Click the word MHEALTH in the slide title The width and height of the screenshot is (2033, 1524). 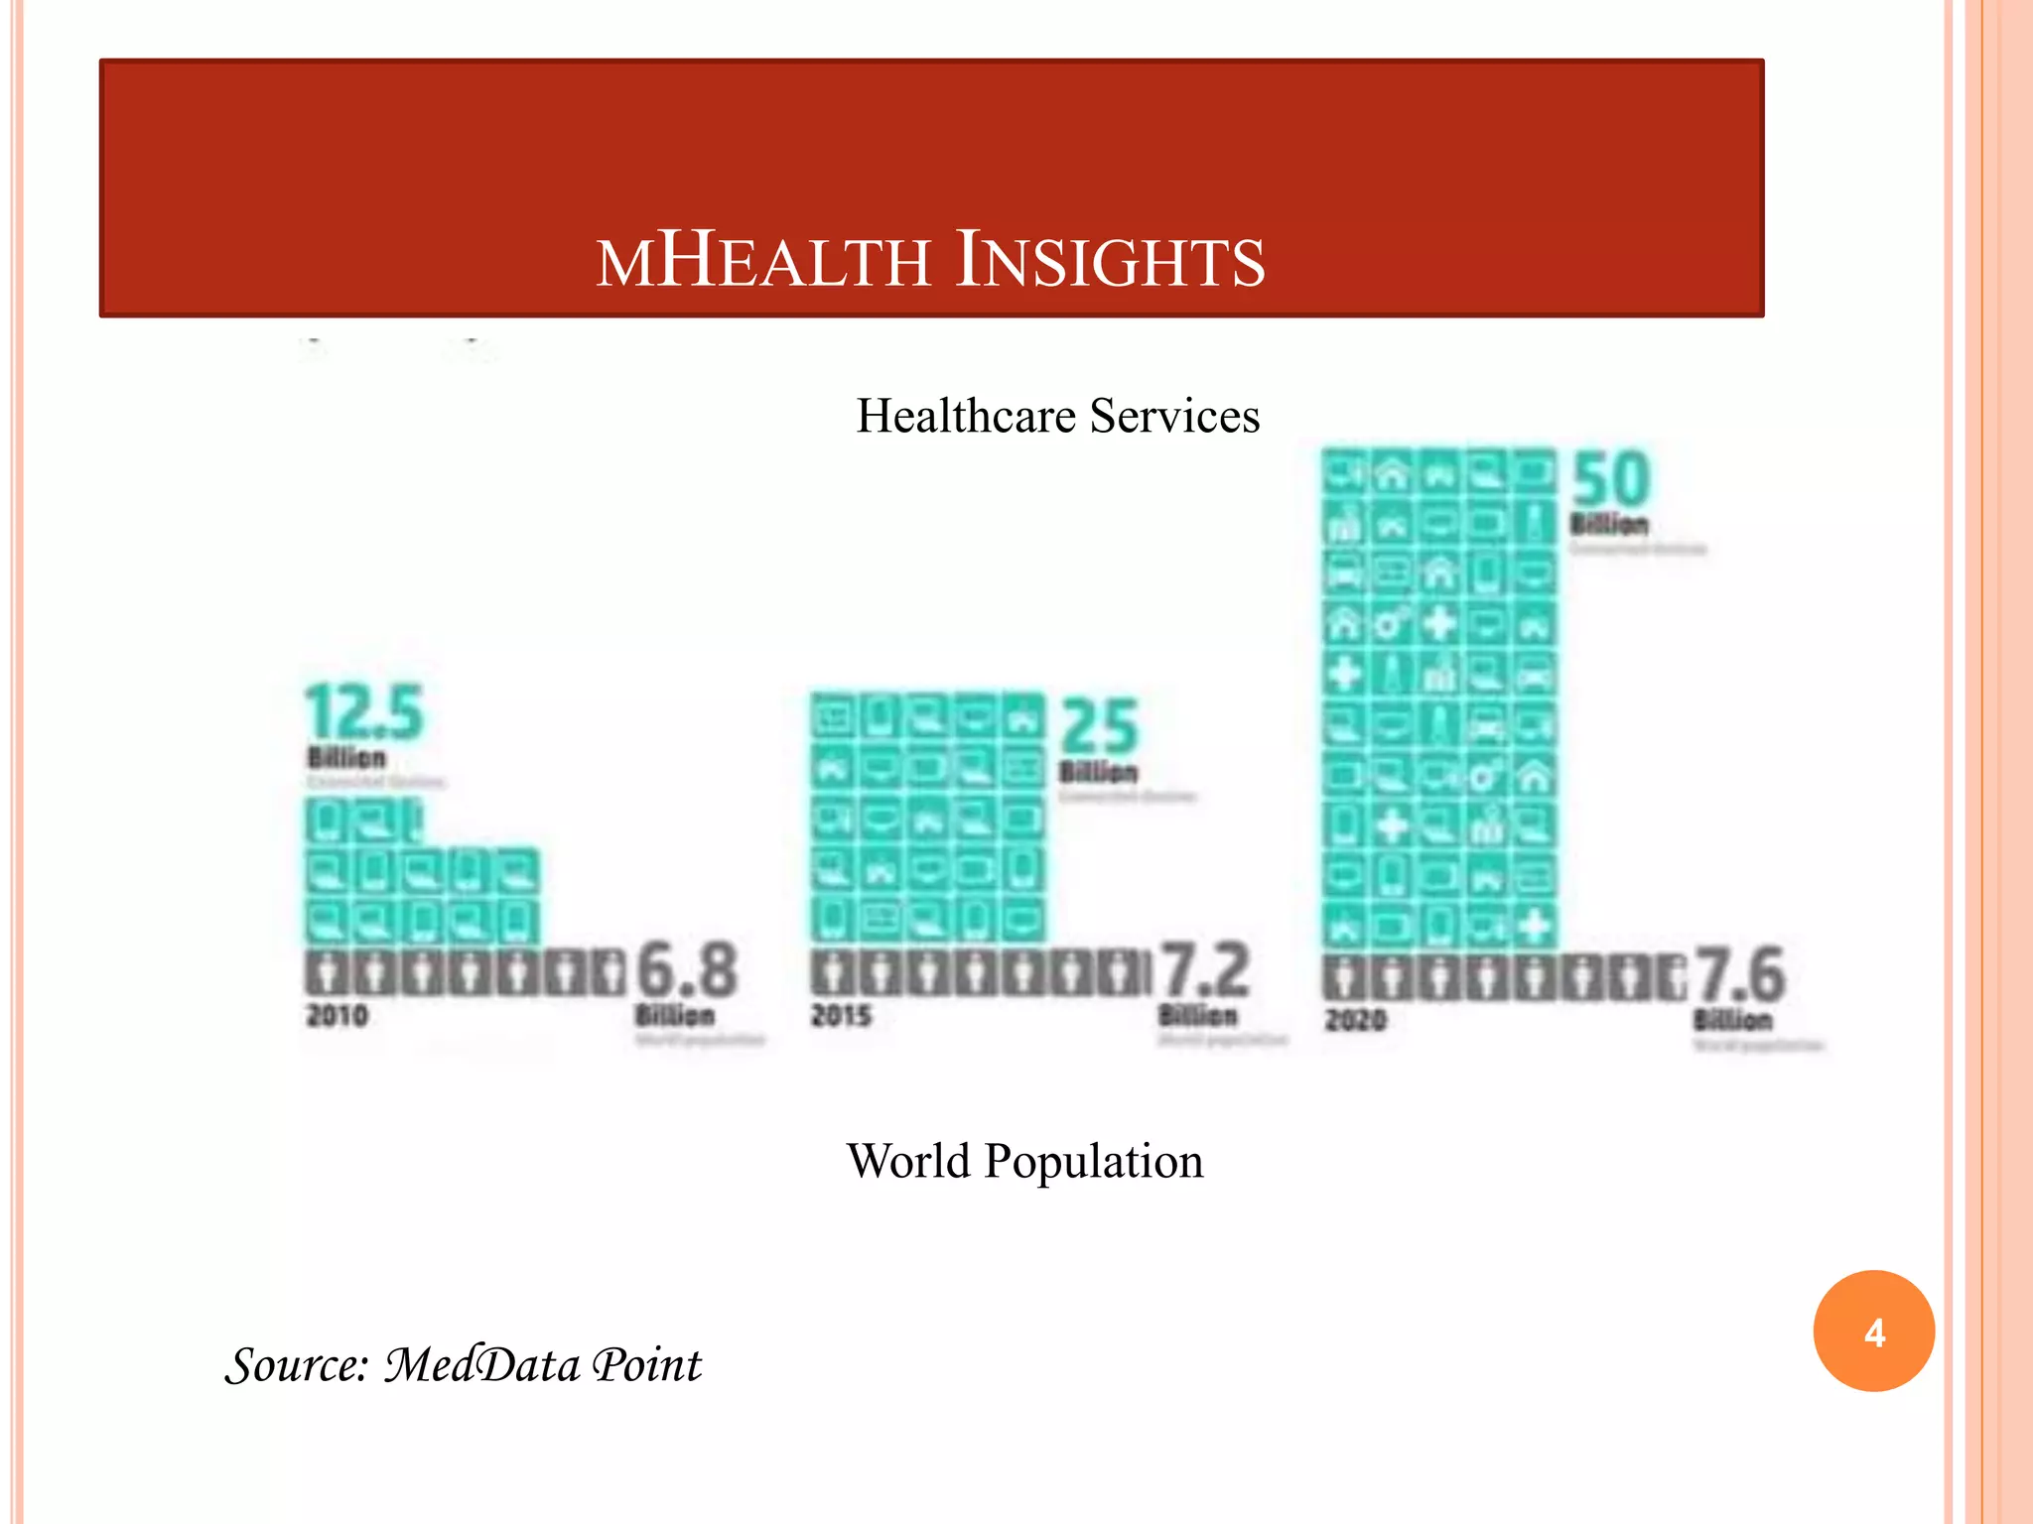tap(762, 261)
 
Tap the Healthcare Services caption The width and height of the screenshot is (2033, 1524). tap(1058, 416)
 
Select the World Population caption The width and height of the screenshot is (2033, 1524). tap(1024, 1161)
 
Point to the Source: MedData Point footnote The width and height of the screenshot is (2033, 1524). tap(463, 1365)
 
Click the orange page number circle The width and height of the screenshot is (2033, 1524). tap(1873, 1332)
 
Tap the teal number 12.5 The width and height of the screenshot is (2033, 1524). tap(363, 712)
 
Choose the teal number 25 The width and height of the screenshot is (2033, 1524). tap(1099, 726)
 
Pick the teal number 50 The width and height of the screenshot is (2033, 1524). tap(1610, 480)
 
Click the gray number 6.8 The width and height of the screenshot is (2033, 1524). tap(687, 969)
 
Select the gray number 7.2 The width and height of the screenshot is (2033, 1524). tap(1204, 969)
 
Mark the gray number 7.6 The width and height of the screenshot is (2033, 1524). tap(1739, 974)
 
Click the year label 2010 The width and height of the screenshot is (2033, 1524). tap(338, 1016)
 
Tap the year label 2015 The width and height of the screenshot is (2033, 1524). tap(841, 1016)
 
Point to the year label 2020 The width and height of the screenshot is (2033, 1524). tap(1355, 1020)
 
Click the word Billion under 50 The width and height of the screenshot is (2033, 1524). tap(1609, 524)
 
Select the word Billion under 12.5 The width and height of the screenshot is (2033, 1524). tap(346, 758)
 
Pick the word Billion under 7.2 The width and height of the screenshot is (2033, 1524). tap(1198, 1016)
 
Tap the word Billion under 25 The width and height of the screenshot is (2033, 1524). tap(1098, 772)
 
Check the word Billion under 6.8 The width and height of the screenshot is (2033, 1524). tap(675, 1016)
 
